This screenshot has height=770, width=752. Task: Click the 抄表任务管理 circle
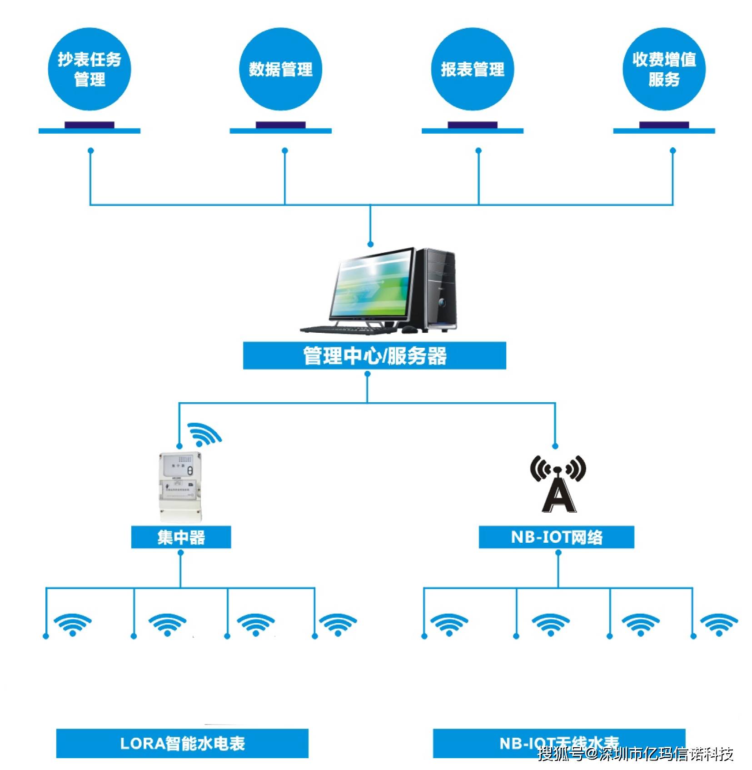[90, 69]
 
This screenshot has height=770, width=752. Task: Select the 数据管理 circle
[280, 69]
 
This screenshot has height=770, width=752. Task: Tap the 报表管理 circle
[473, 69]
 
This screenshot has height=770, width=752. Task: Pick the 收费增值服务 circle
[664, 69]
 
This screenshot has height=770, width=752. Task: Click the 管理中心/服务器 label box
[374, 355]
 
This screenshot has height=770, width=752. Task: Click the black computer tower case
[440, 289]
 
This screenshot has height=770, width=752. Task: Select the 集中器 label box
[181, 537]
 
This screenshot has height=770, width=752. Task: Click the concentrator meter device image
[180, 486]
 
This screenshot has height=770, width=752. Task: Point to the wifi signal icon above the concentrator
[204, 434]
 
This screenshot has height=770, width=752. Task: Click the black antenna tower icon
[558, 484]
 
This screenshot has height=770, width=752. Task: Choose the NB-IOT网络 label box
[556, 537]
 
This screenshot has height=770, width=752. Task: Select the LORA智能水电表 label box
[182, 743]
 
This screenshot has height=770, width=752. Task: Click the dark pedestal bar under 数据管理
[280, 125]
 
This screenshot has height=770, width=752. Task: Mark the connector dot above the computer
[370, 245]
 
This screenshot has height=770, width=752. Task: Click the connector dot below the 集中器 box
[181, 553]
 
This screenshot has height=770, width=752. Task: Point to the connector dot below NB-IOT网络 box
[558, 553]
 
